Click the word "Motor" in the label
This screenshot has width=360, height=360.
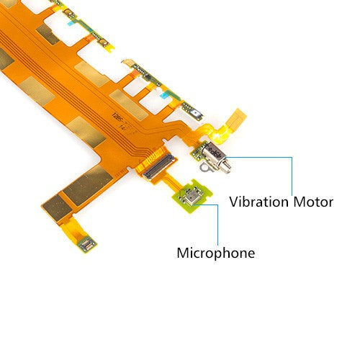click(x=312, y=202)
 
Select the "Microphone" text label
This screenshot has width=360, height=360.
click(x=215, y=253)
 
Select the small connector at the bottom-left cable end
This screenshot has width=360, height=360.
click(x=86, y=244)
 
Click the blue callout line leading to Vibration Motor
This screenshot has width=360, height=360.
click(x=292, y=173)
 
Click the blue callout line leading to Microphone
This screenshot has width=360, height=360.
click(x=217, y=223)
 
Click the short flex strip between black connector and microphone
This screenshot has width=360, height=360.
click(x=169, y=182)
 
